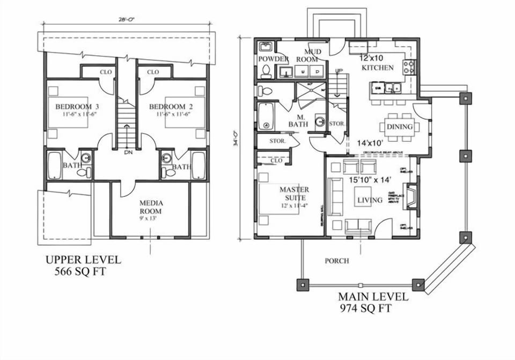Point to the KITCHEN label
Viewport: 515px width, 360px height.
point(378,68)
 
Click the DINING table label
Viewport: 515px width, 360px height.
point(400,127)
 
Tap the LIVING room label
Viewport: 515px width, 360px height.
point(370,200)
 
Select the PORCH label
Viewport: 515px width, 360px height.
point(337,261)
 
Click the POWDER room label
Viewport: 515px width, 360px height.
point(274,59)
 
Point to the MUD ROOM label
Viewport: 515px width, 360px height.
point(309,55)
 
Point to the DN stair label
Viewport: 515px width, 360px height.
point(128,152)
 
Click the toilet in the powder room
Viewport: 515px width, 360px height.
point(265,71)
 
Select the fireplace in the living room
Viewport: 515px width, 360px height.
point(410,196)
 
